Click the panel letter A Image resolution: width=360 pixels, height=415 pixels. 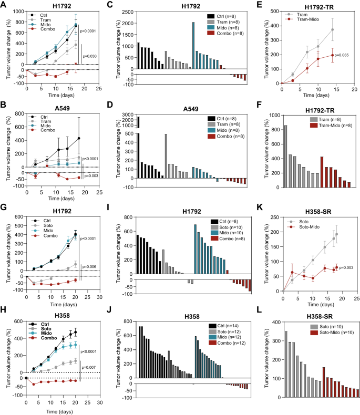(x=4, y=5)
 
